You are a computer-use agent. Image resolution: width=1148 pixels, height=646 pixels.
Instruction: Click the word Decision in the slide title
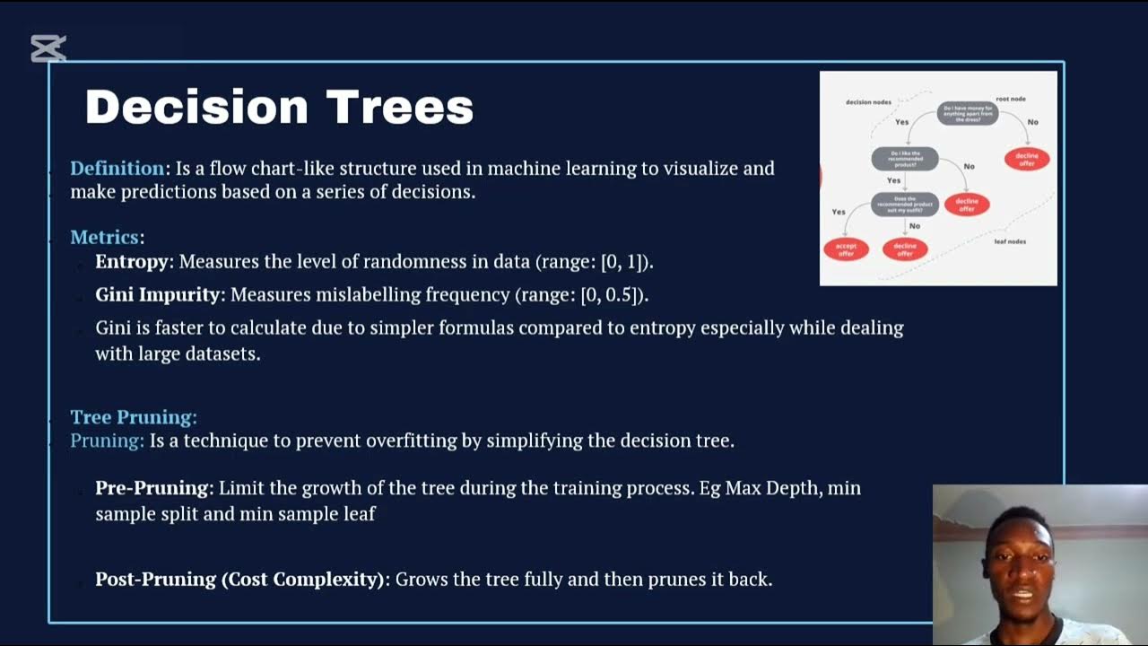pos(197,107)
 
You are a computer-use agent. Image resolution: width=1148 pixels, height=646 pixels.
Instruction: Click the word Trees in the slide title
pos(399,107)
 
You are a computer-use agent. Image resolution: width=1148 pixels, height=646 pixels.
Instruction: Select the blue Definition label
pos(117,169)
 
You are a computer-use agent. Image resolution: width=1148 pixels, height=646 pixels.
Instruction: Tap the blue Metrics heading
pos(105,238)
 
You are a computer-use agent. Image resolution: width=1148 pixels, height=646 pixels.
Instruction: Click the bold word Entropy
pos(132,262)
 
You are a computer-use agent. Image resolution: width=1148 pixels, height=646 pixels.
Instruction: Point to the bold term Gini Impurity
pos(158,294)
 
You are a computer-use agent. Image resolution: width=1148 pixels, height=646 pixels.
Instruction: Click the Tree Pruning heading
pos(133,417)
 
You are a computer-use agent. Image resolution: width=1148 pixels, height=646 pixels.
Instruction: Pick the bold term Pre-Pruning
pos(152,488)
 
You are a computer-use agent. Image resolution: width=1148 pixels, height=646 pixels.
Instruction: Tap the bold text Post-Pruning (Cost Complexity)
pos(240,580)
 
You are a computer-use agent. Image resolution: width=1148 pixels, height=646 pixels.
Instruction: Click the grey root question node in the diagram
pos(968,114)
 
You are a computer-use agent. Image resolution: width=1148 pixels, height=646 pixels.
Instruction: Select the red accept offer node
pos(846,249)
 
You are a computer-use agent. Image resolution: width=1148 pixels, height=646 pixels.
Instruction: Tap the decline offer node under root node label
pos(1026,159)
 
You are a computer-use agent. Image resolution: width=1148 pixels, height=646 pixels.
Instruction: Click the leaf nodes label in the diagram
pos(1010,241)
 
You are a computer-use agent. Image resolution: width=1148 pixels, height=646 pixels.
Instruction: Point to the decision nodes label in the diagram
pos(868,102)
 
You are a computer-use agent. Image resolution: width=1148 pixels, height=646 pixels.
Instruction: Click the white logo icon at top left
pos(48,48)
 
